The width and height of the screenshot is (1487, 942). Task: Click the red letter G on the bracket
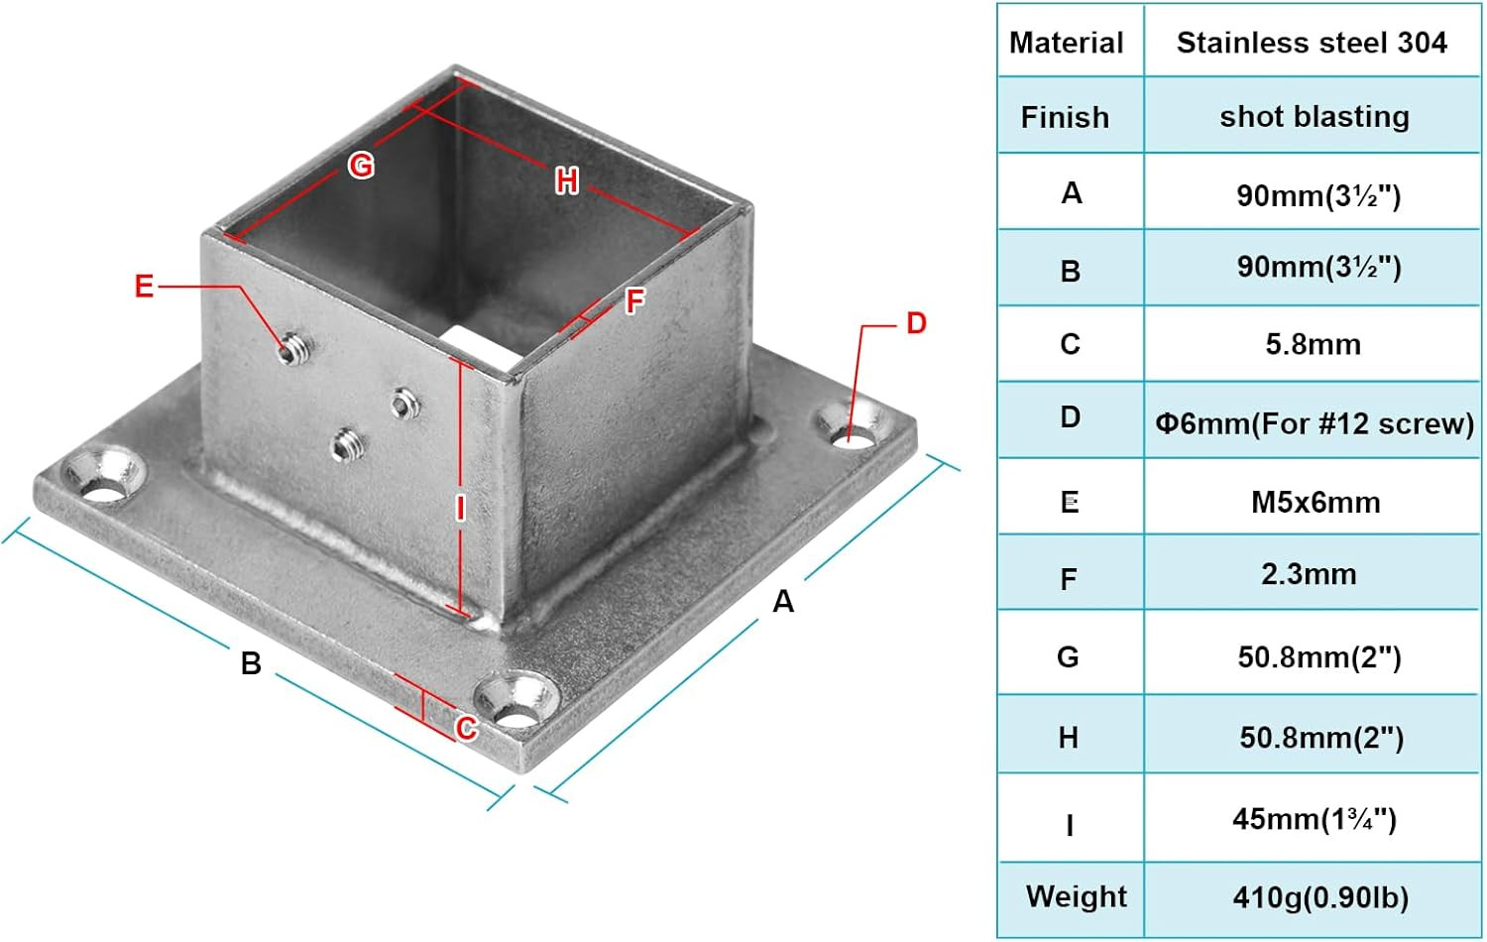(x=361, y=165)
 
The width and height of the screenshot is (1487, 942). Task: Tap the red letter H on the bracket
(x=566, y=180)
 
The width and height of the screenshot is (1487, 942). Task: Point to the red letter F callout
(x=635, y=300)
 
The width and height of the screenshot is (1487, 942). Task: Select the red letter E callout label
(x=145, y=287)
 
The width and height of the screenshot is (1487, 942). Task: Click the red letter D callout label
(x=916, y=323)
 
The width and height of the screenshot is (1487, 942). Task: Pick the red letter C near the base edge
(x=466, y=729)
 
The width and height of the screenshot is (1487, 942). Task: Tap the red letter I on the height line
(x=460, y=508)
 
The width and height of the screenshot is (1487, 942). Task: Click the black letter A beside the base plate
(x=783, y=601)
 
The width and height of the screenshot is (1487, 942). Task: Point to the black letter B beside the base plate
(x=251, y=662)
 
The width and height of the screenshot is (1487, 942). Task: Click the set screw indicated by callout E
(x=291, y=349)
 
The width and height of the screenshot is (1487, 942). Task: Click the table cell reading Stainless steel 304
(x=1311, y=43)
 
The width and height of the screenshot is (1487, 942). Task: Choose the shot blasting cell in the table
(x=1314, y=117)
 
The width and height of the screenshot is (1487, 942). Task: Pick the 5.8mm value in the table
(x=1313, y=344)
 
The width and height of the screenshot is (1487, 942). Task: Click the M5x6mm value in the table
(x=1315, y=502)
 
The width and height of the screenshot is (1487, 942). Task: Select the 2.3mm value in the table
(x=1309, y=574)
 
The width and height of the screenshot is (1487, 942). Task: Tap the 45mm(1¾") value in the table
(x=1314, y=819)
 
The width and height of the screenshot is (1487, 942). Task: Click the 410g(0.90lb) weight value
(x=1319, y=897)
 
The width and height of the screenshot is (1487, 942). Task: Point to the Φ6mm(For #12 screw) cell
(x=1314, y=423)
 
